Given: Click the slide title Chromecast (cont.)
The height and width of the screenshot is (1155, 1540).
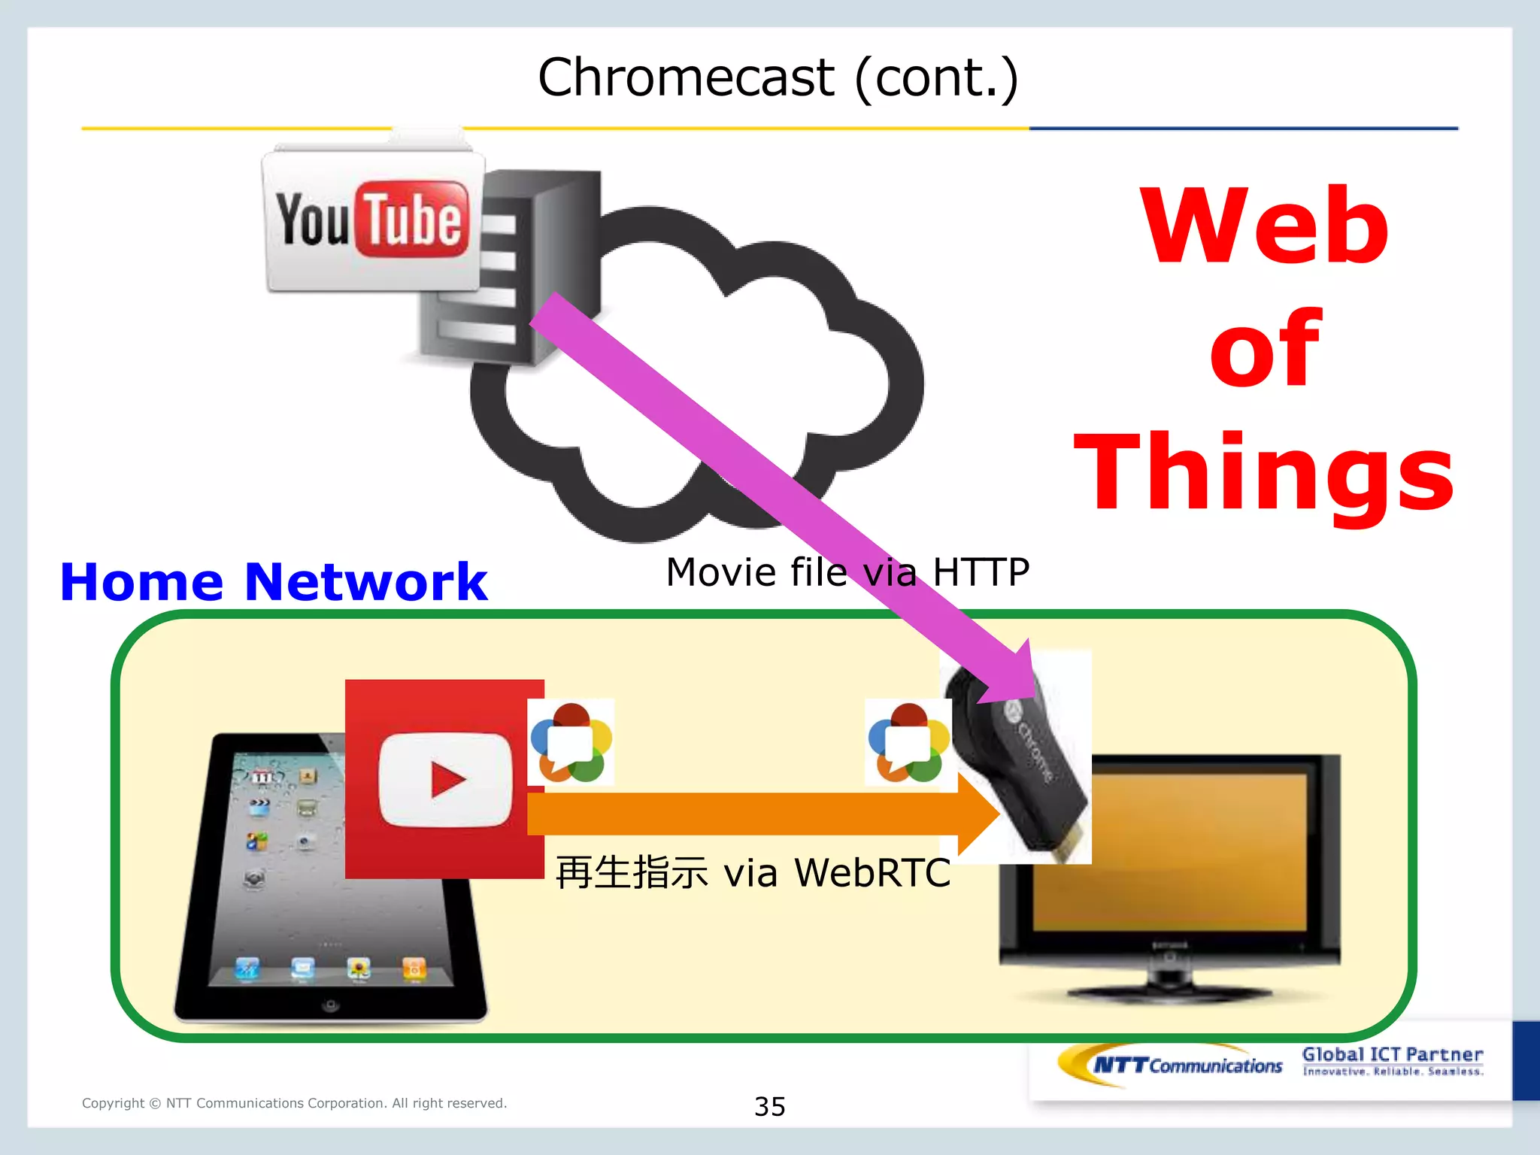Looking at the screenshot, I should click(778, 78).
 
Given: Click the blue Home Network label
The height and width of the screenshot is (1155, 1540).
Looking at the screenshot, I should click(274, 582).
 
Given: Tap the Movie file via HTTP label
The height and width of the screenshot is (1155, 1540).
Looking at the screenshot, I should click(847, 572).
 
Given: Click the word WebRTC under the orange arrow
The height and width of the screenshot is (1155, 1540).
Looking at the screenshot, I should click(872, 873).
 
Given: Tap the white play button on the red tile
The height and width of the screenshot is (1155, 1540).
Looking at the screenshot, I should click(445, 779).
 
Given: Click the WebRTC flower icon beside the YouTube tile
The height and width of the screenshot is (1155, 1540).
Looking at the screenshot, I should click(571, 742).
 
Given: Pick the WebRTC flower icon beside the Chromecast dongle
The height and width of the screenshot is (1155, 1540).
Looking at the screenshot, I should click(908, 742).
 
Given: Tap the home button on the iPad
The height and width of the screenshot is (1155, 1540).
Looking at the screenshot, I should click(329, 1005).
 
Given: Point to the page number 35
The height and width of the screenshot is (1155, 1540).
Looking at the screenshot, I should click(770, 1107).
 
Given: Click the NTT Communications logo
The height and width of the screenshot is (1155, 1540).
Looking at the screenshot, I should click(1173, 1065).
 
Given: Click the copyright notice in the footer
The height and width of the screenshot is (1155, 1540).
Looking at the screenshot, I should click(295, 1103).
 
